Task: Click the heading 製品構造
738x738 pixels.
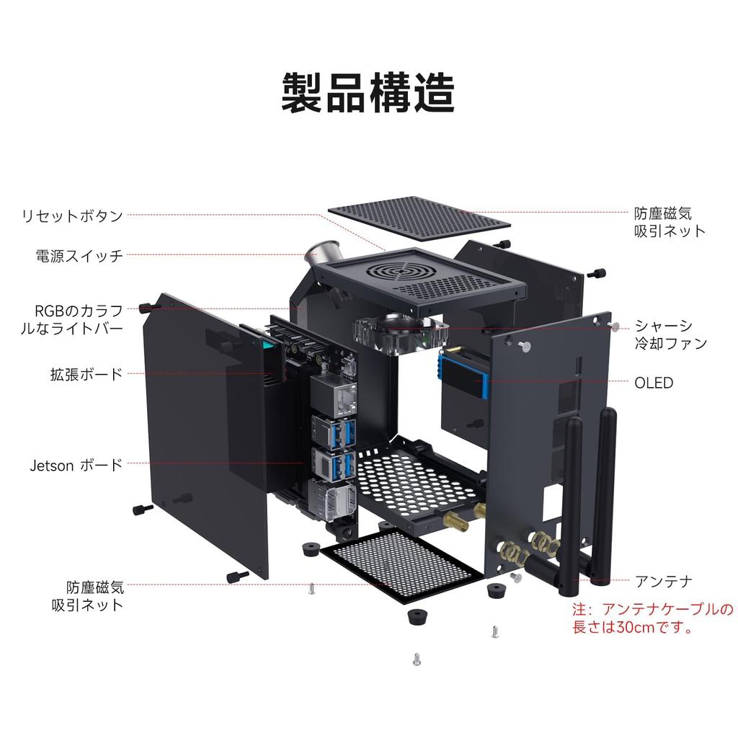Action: point(368,92)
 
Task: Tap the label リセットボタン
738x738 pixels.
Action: point(72,215)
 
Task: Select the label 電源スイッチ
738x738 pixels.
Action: point(79,256)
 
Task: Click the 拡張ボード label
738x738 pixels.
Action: point(86,374)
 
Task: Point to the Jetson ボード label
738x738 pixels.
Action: point(76,465)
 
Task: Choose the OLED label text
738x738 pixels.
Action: point(653,383)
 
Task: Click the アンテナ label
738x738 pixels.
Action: point(664,582)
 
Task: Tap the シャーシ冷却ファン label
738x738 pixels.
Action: point(670,334)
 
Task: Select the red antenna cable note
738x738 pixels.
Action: point(652,618)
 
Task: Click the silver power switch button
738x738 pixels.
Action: point(324,253)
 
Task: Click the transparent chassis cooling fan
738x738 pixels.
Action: point(400,332)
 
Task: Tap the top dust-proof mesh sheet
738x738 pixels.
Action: point(419,219)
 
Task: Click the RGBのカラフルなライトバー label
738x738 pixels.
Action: point(71,319)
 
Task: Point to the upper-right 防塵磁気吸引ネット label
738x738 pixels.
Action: point(670,222)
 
